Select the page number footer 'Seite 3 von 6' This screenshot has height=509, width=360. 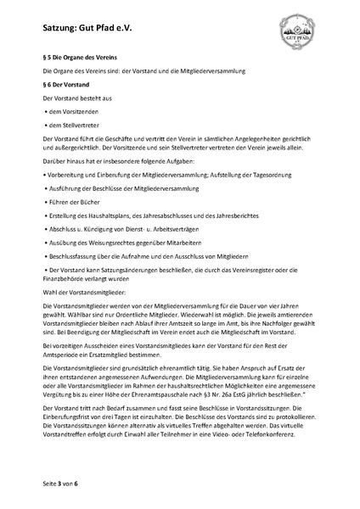click(x=60, y=482)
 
